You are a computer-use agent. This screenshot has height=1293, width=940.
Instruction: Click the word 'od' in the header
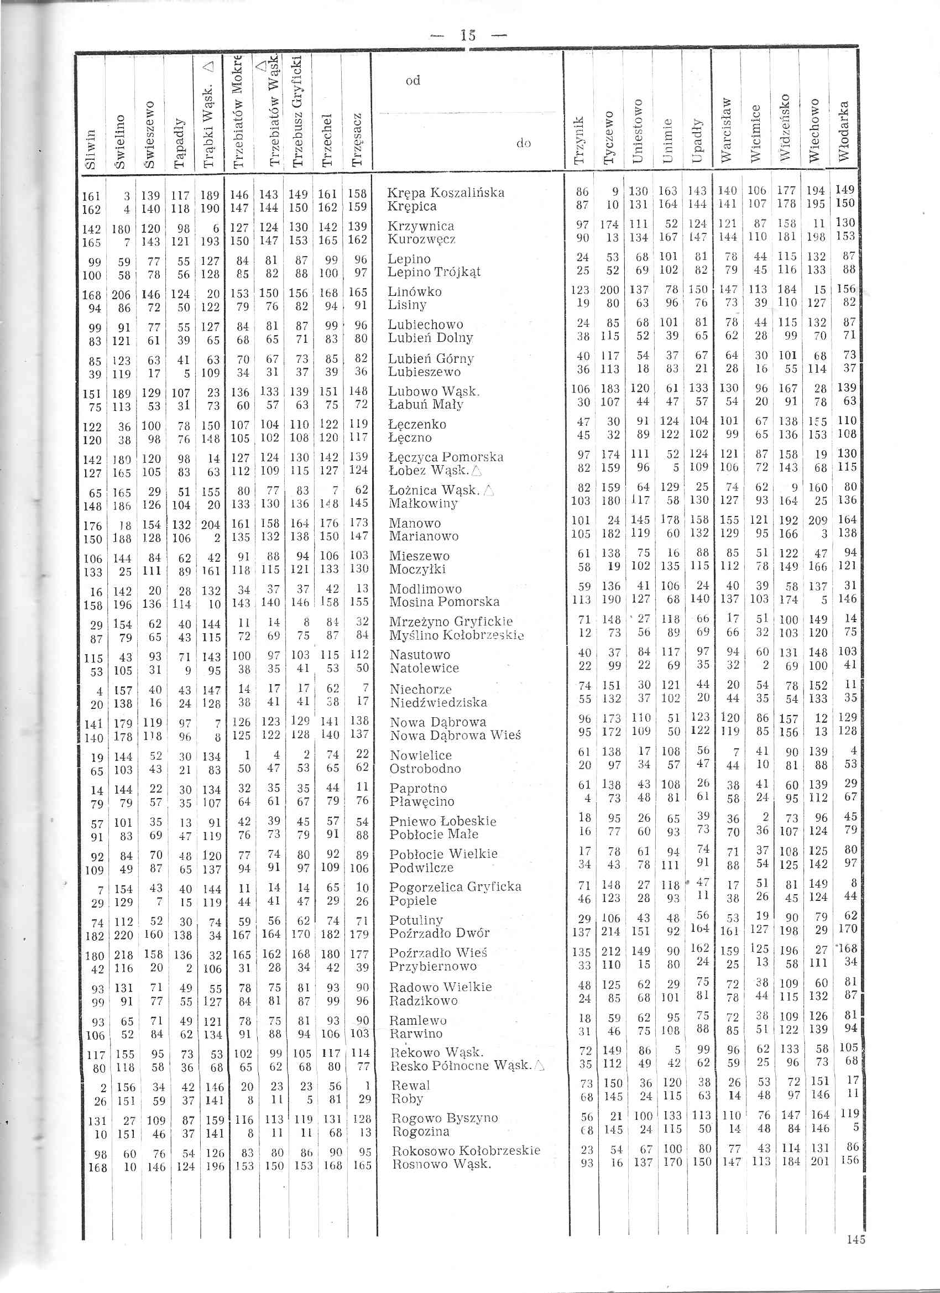(412, 80)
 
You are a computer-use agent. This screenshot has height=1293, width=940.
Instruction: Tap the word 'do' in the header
(523, 143)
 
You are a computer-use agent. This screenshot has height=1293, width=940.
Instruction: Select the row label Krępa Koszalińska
(446, 192)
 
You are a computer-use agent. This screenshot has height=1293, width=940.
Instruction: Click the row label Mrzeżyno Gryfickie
(451, 622)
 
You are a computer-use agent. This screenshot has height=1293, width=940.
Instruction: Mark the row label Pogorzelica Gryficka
(455, 887)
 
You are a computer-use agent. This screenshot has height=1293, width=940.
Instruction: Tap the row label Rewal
(409, 1085)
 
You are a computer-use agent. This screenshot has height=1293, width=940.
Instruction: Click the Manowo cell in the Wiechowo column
(818, 520)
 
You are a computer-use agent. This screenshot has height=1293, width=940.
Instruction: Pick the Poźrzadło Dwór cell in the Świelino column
(124, 935)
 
